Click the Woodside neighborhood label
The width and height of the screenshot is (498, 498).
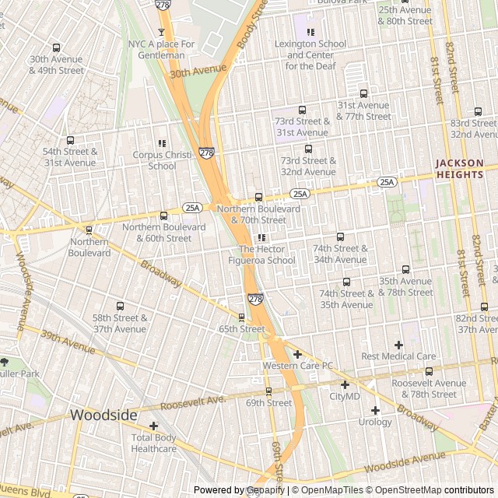[x=103, y=416]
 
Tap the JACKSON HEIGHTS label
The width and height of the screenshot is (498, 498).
[x=459, y=169]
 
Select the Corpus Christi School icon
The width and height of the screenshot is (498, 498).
[x=162, y=143]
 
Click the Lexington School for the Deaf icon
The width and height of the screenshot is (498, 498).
[x=310, y=32]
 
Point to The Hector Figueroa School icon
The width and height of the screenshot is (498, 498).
[x=261, y=237]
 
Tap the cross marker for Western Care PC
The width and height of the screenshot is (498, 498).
[x=296, y=354]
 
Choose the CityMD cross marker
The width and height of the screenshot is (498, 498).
[x=345, y=384]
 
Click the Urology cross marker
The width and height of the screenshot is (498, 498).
[x=375, y=410]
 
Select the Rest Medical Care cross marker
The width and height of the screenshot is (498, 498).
[x=398, y=345]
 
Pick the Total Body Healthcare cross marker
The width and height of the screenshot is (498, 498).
[x=153, y=426]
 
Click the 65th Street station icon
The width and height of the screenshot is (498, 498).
[x=241, y=317]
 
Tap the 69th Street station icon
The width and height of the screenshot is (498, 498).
[x=268, y=391]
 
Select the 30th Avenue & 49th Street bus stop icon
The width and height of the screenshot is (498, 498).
[x=56, y=47]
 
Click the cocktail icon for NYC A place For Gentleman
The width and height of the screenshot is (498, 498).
[x=162, y=32]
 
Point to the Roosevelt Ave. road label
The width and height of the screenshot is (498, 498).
[x=194, y=402]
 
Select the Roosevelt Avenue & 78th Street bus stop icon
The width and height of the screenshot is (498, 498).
[x=429, y=371]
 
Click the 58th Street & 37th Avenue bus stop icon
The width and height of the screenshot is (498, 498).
[x=120, y=306]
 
